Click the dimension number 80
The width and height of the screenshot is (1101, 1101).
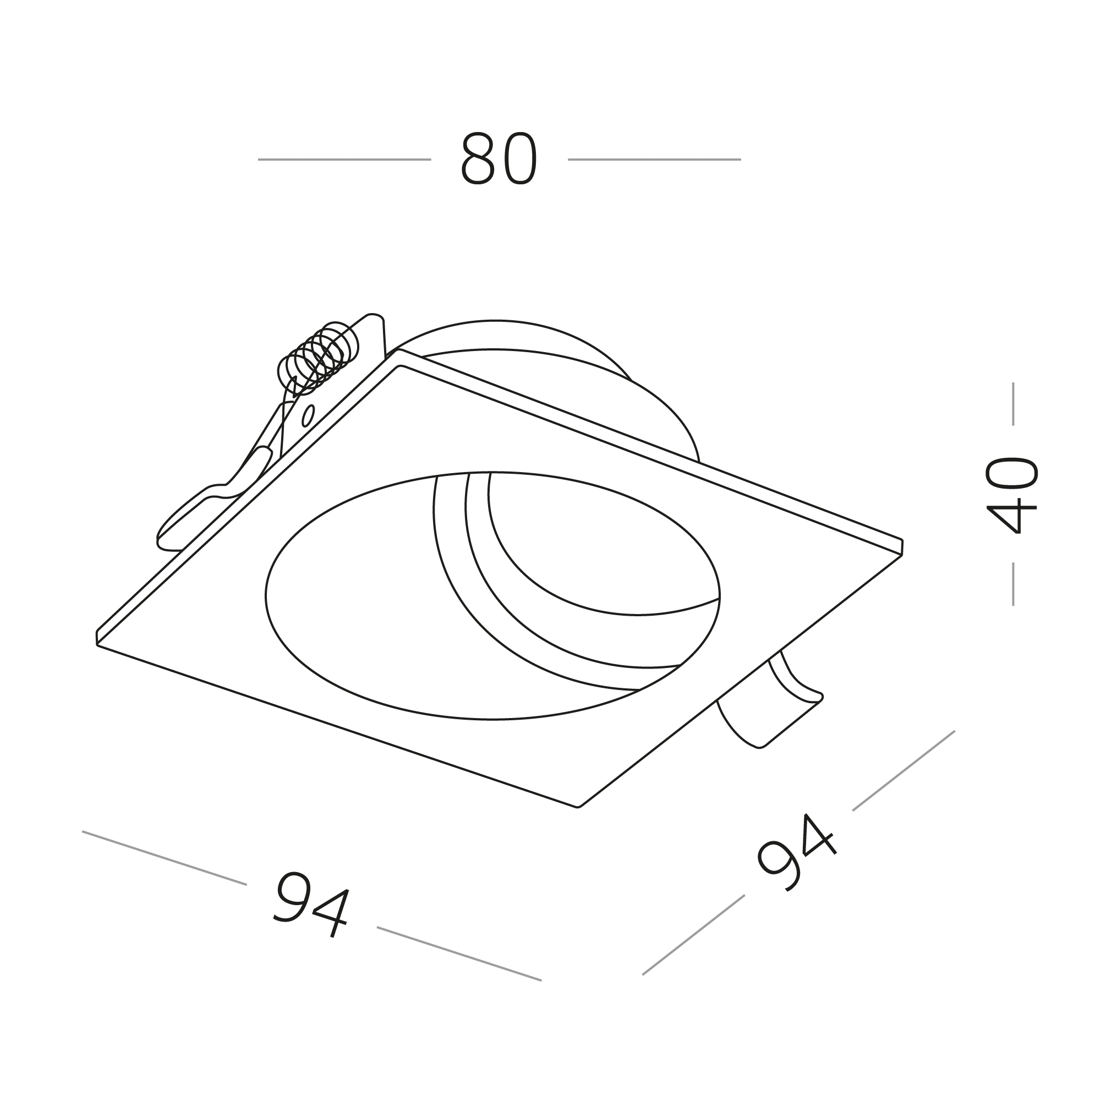[499, 159]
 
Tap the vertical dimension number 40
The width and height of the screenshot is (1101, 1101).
[1011, 494]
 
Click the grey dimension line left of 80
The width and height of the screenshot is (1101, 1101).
[344, 160]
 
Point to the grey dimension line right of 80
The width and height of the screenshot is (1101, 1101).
[654, 160]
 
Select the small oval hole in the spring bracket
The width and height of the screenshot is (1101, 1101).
[308, 415]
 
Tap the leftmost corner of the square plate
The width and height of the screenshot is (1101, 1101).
[97, 639]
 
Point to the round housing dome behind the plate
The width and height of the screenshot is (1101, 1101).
[547, 365]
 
